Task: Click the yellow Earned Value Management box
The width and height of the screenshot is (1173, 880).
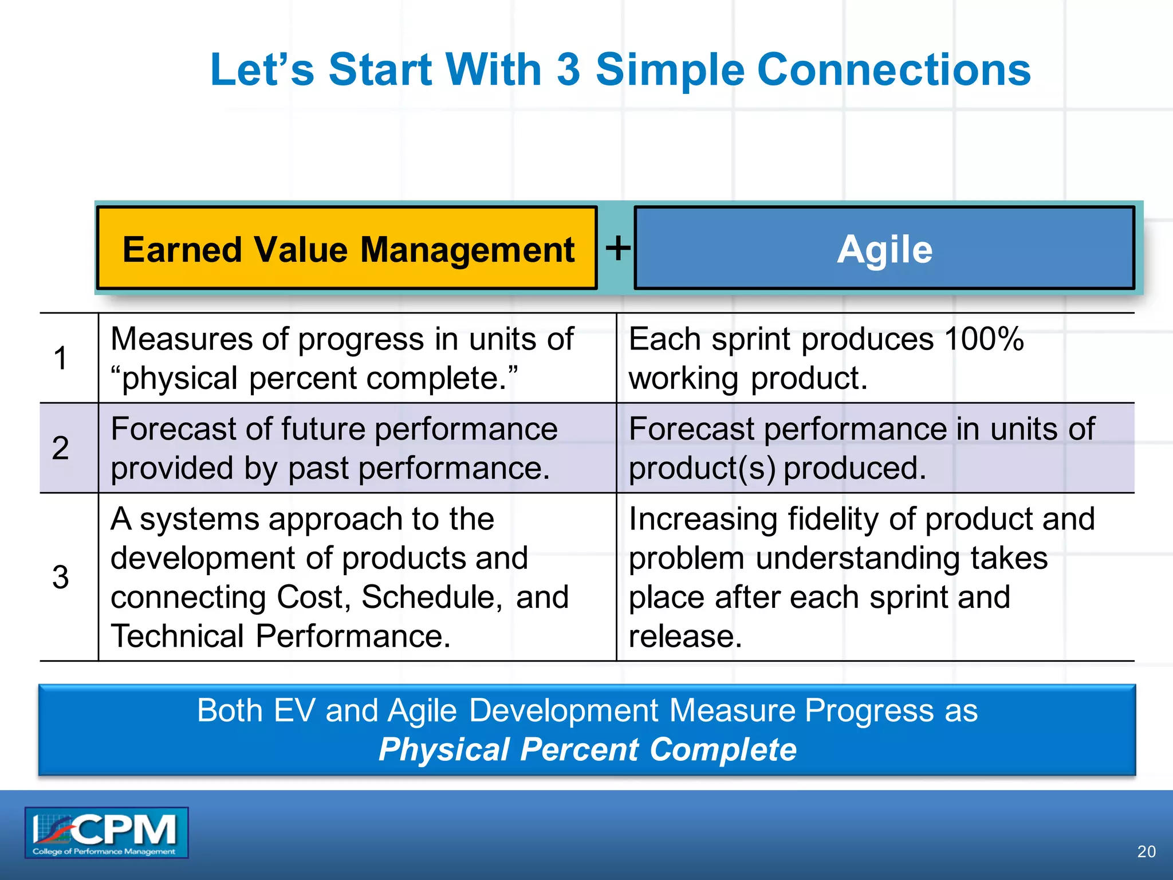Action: tap(347, 248)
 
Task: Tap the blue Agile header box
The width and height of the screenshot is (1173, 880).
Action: tap(884, 248)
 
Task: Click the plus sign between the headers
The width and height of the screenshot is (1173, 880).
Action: tap(618, 248)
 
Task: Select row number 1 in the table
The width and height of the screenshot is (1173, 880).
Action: tap(61, 358)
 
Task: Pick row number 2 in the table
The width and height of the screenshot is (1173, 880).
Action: tap(61, 448)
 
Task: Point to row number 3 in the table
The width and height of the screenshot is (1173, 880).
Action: tap(61, 577)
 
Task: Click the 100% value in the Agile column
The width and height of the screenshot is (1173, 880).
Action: tap(983, 339)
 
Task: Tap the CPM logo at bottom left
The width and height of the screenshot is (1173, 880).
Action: tap(107, 832)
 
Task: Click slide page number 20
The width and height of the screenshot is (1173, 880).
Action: tap(1146, 851)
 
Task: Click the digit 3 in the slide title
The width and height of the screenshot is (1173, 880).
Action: tap(568, 70)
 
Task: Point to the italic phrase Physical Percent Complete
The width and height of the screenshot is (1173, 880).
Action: tap(587, 749)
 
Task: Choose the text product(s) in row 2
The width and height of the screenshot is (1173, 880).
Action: tap(702, 469)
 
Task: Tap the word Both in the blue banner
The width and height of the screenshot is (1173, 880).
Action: tap(230, 710)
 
